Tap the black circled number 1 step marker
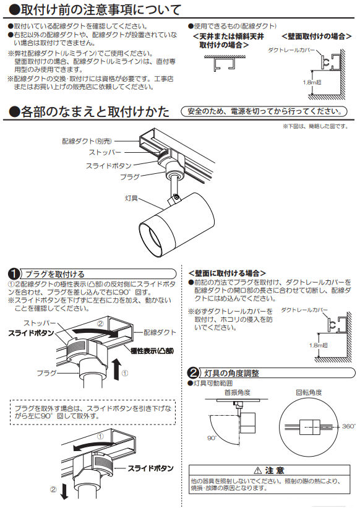click(14, 273)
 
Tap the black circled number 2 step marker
click(193, 373)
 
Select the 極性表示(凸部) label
click(152, 350)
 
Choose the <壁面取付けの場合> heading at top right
click(314, 37)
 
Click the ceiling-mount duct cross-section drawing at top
click(223, 64)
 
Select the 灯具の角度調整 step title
click(231, 373)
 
